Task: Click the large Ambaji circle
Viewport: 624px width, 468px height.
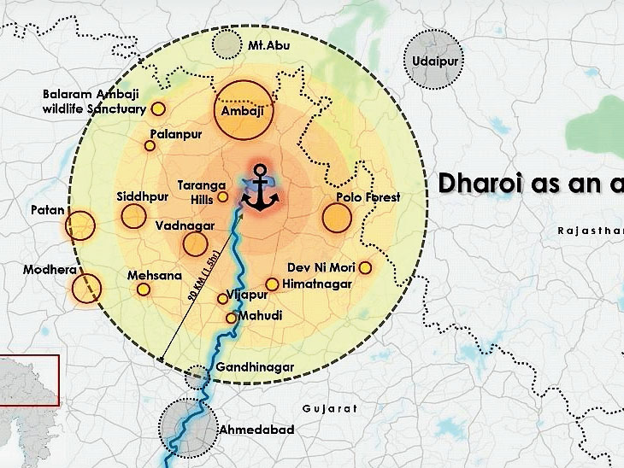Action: [243, 111]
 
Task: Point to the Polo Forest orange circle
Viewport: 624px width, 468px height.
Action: [338, 217]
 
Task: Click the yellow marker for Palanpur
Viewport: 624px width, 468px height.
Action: [150, 146]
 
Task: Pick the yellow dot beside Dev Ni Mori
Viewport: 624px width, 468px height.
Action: [365, 267]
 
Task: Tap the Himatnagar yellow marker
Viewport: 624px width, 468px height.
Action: [272, 284]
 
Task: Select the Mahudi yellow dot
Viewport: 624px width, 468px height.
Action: [231, 319]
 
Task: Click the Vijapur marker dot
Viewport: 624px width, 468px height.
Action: [223, 298]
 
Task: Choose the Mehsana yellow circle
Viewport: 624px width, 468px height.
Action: [144, 290]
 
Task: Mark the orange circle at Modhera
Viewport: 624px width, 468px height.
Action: [86, 290]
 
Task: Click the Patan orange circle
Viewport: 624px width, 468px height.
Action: [80, 225]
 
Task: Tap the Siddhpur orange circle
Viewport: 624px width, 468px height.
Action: [133, 216]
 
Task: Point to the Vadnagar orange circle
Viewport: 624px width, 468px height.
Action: [195, 244]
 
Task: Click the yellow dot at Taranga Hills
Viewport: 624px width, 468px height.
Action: [222, 196]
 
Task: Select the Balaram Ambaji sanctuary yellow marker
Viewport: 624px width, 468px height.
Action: [158, 108]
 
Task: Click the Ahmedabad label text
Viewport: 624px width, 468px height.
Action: [256, 430]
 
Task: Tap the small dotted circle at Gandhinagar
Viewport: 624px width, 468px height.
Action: [197, 377]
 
